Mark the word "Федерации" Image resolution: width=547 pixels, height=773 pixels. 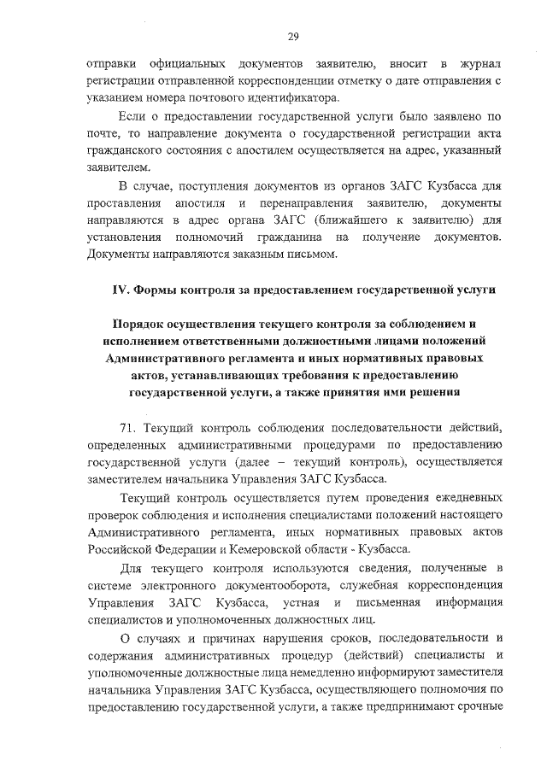171,549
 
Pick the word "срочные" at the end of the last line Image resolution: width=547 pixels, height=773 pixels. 477,706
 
